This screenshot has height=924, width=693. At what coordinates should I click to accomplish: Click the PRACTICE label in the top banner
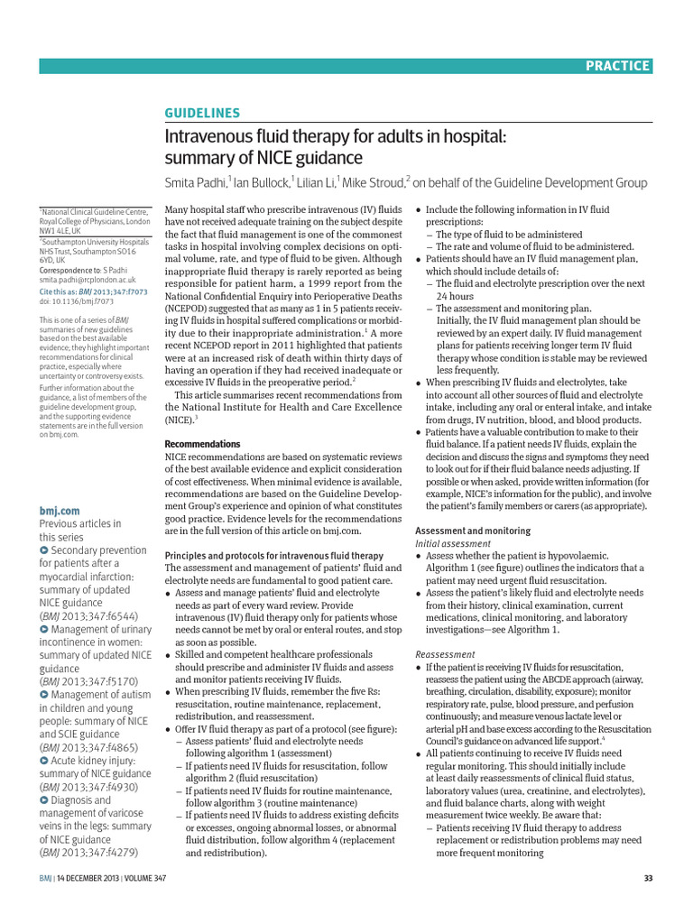pyautogui.click(x=617, y=65)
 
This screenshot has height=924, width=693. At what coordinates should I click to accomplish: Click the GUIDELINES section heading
pyautogui.click(x=201, y=113)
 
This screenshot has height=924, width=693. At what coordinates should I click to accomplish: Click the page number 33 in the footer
pyautogui.click(x=647, y=879)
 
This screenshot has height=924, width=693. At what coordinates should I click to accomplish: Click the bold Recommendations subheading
pyautogui.click(x=202, y=444)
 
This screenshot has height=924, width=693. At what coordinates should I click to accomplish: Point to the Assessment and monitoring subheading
pyautogui.click(x=472, y=531)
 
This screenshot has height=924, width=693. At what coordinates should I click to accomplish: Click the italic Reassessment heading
pyautogui.click(x=446, y=653)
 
